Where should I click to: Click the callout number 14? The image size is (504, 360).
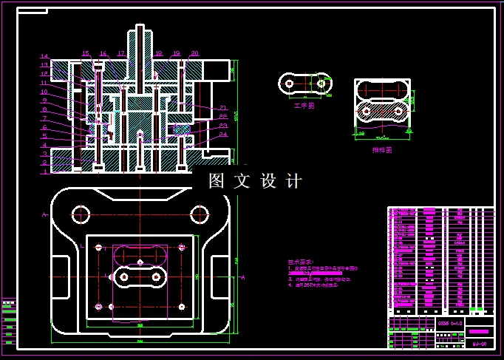44,56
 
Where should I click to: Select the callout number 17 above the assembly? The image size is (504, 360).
121,53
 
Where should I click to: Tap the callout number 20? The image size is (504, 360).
194,53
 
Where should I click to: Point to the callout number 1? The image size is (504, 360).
44,171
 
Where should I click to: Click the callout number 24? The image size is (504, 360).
222,135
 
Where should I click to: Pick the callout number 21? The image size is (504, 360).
222,108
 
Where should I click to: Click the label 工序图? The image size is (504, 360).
304,106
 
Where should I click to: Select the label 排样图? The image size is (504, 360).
381,149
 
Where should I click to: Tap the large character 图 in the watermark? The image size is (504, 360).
217,181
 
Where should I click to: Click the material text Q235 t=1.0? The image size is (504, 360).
449,323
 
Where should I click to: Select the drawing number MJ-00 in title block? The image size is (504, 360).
479,344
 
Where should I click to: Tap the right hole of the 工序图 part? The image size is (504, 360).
321,84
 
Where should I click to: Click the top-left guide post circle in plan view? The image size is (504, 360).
80,215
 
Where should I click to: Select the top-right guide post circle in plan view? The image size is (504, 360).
199,215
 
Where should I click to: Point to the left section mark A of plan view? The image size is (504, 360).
46,215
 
